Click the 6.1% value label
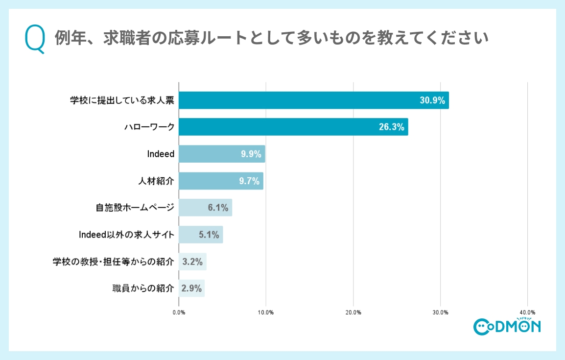218,208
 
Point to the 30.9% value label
432,100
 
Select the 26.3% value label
391,127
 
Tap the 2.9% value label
191,288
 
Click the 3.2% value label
192,262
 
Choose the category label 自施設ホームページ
135,208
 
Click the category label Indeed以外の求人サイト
126,235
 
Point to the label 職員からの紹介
143,288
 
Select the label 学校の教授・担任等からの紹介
113,262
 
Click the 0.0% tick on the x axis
179,312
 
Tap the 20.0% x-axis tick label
353,312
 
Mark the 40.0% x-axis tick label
527,312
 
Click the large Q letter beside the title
35,39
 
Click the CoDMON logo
507,326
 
